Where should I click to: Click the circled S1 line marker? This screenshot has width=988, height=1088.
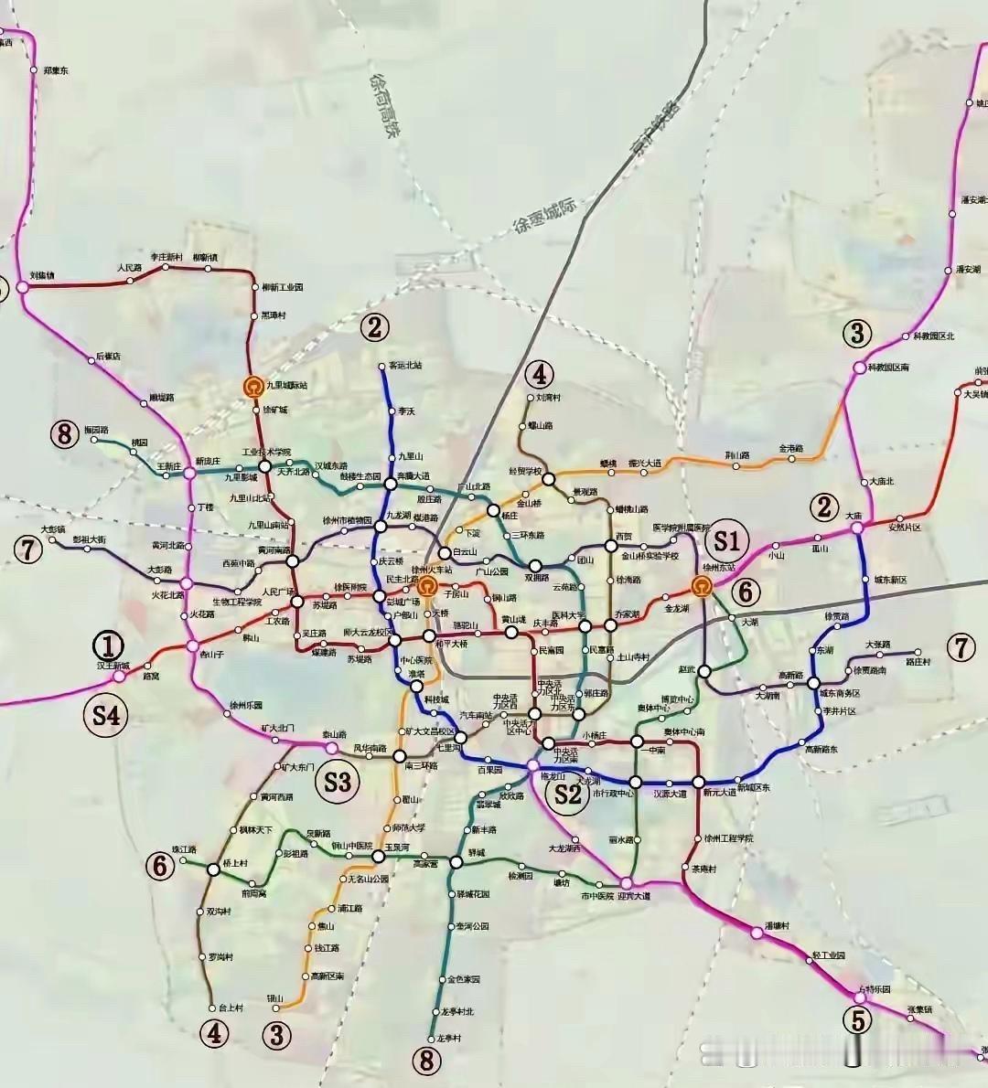[726, 539]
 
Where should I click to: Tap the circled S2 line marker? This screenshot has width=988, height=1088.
[568, 794]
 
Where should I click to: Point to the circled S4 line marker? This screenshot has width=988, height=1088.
[107, 715]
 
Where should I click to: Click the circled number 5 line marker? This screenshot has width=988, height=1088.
[857, 1019]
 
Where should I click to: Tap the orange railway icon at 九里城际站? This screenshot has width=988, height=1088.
[252, 387]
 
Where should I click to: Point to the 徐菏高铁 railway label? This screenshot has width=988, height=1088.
[385, 106]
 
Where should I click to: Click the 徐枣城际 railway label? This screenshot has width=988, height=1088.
[546, 219]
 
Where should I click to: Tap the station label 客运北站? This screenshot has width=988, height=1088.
[405, 366]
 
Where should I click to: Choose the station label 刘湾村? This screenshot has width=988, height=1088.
[548, 398]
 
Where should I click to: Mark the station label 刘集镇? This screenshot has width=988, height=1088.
[42, 275]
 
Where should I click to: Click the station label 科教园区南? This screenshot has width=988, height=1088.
[888, 368]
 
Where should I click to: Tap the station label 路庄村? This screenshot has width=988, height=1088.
[918, 661]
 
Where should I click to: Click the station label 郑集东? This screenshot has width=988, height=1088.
[56, 70]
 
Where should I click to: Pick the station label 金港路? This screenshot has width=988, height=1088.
[791, 449]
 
